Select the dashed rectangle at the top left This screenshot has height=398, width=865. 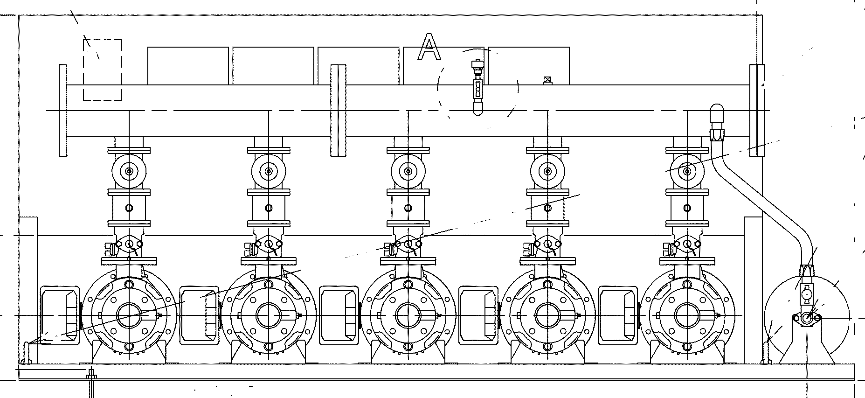click(x=103, y=70)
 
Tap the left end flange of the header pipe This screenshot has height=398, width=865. click(x=63, y=110)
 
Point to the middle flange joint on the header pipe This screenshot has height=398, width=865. click(x=338, y=110)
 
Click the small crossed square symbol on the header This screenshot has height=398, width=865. click(x=547, y=80)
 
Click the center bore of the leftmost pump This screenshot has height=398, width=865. click(x=128, y=316)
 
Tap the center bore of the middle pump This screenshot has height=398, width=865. click(x=408, y=316)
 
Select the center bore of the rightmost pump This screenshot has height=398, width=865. click(x=687, y=316)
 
